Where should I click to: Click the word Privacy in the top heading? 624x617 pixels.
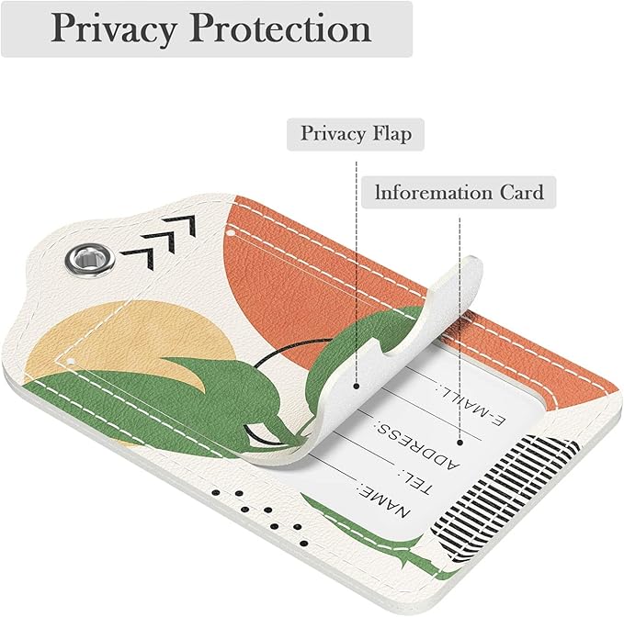[x=113, y=28]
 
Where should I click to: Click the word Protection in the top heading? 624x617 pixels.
[x=280, y=28]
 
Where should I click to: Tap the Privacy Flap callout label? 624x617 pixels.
[x=356, y=133]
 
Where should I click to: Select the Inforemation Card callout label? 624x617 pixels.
[x=459, y=193]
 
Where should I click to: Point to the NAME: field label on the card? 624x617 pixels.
[x=384, y=500]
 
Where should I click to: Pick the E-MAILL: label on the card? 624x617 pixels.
[x=471, y=403]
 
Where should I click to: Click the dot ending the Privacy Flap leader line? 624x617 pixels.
[x=357, y=386]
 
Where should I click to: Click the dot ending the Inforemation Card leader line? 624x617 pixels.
[x=459, y=442]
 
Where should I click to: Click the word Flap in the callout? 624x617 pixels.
[x=392, y=133]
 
